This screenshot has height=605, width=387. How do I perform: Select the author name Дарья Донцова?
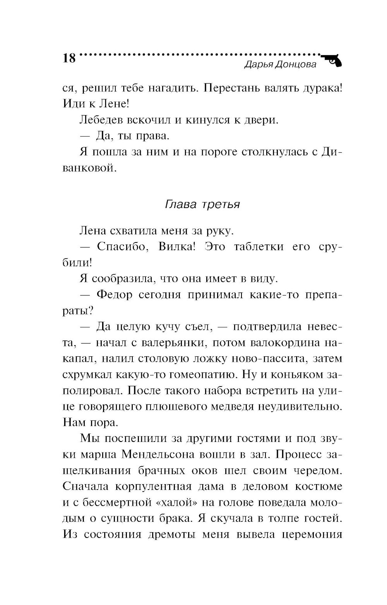pos(281,65)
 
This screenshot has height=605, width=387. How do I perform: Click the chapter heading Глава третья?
pos(202,204)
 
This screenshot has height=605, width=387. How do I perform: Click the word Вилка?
pos(176,246)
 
